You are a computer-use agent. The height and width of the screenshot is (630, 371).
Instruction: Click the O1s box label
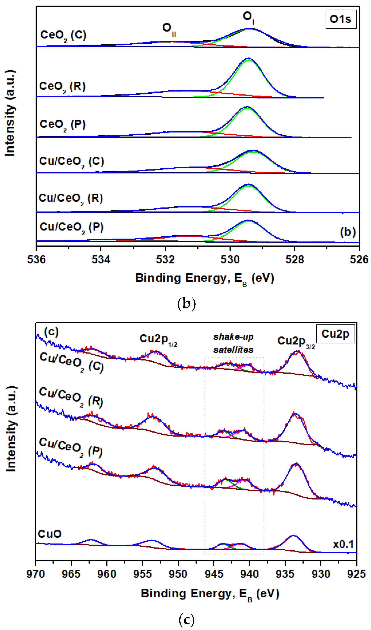(x=340, y=19)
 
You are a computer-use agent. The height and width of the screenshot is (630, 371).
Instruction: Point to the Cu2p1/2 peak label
(x=158, y=339)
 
